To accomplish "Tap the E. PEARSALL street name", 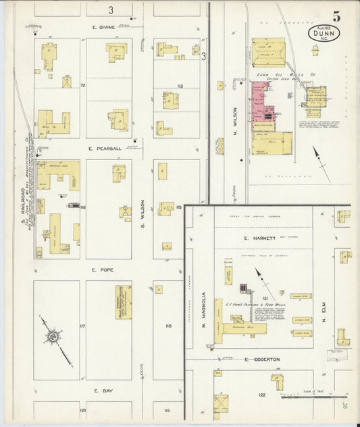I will (x=107, y=147).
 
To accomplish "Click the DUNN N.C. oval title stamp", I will (x=324, y=32).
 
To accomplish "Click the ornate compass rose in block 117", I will (x=51, y=334).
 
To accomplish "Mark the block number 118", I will (x=168, y=326).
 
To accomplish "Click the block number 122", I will (x=261, y=395).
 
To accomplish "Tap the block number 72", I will (x=82, y=86).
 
